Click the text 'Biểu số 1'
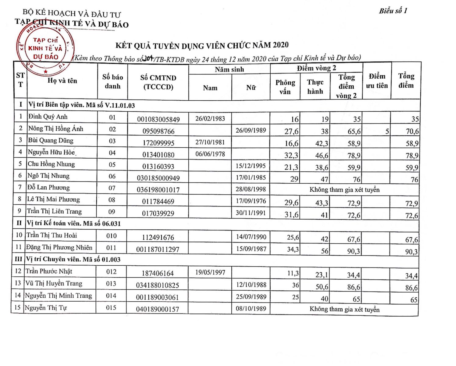393,11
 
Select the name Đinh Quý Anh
48,117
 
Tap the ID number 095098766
158,131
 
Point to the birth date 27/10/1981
210,142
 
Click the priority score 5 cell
387,131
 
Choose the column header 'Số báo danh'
112,81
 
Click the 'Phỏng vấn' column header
285,87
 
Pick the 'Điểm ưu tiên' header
377,81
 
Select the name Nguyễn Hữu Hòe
51,152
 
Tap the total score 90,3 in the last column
411,252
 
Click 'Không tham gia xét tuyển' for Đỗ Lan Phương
344,190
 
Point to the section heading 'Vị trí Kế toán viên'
73,223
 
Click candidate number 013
111,284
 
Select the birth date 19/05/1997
210,272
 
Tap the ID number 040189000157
157,309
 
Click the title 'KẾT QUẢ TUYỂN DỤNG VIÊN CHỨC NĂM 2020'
202,46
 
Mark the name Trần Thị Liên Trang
54,211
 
